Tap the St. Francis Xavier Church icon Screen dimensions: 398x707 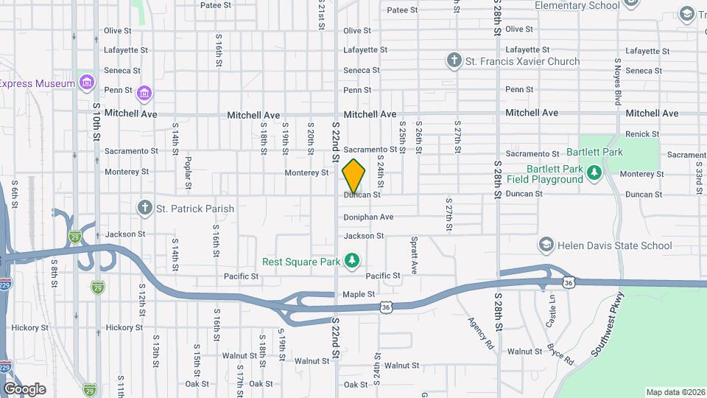[455, 61]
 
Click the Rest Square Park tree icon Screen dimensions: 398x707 [353, 262]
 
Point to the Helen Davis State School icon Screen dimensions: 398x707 [546, 245]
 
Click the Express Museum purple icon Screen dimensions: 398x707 [88, 83]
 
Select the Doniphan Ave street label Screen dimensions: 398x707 [368, 217]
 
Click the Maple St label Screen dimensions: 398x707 [359, 295]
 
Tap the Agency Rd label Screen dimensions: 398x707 [479, 332]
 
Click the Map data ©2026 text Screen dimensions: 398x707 [675, 392]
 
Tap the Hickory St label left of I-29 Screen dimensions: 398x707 [29, 327]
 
